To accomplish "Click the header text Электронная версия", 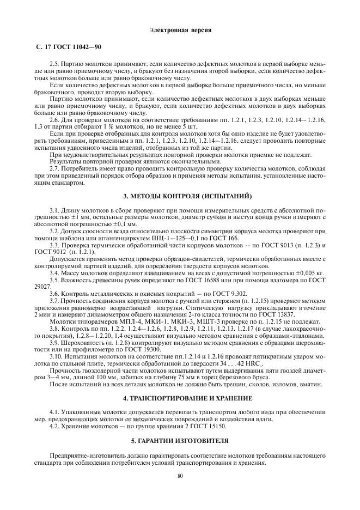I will coord(180,28).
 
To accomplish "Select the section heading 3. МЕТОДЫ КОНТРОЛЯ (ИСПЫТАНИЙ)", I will coord(180,196).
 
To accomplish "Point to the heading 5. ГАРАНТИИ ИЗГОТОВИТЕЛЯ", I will coord(180,440).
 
